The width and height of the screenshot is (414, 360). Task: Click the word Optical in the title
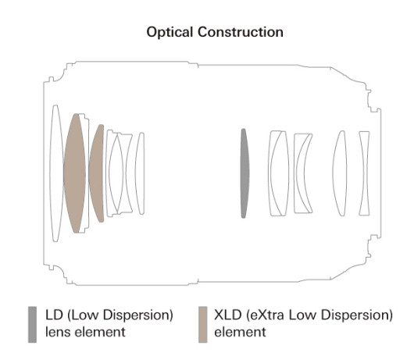coord(170,32)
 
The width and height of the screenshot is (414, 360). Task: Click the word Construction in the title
coord(241,32)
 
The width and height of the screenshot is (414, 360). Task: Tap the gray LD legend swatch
coord(33,324)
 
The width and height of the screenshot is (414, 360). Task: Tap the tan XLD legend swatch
coord(203,324)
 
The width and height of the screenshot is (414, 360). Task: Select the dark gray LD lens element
coord(244,173)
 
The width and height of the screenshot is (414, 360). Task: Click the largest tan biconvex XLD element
coord(75,173)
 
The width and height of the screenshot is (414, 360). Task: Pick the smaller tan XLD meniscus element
coord(97,173)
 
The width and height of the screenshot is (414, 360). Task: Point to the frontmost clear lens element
coord(55,173)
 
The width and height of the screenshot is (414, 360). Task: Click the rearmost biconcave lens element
coord(364,173)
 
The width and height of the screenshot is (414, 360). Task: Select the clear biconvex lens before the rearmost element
coord(340,173)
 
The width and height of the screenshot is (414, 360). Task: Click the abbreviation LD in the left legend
coord(54,315)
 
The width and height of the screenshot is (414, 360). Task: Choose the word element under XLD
coord(240,332)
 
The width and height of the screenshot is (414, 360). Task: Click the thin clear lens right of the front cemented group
coord(140,173)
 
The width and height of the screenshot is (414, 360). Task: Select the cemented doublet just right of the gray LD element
coord(279,173)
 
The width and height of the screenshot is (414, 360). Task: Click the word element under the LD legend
coord(99,332)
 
